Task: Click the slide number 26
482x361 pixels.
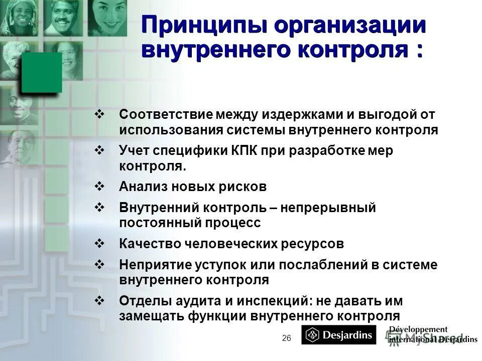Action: point(287,338)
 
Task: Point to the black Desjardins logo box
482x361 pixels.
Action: point(338,334)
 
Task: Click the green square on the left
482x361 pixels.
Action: point(41,73)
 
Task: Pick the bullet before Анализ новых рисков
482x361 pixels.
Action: point(99,187)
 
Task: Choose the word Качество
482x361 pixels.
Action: point(146,244)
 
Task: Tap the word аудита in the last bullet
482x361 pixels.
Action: point(195,301)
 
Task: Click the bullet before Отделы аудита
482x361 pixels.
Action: point(99,301)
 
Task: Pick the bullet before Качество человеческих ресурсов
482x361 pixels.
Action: point(99,244)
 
